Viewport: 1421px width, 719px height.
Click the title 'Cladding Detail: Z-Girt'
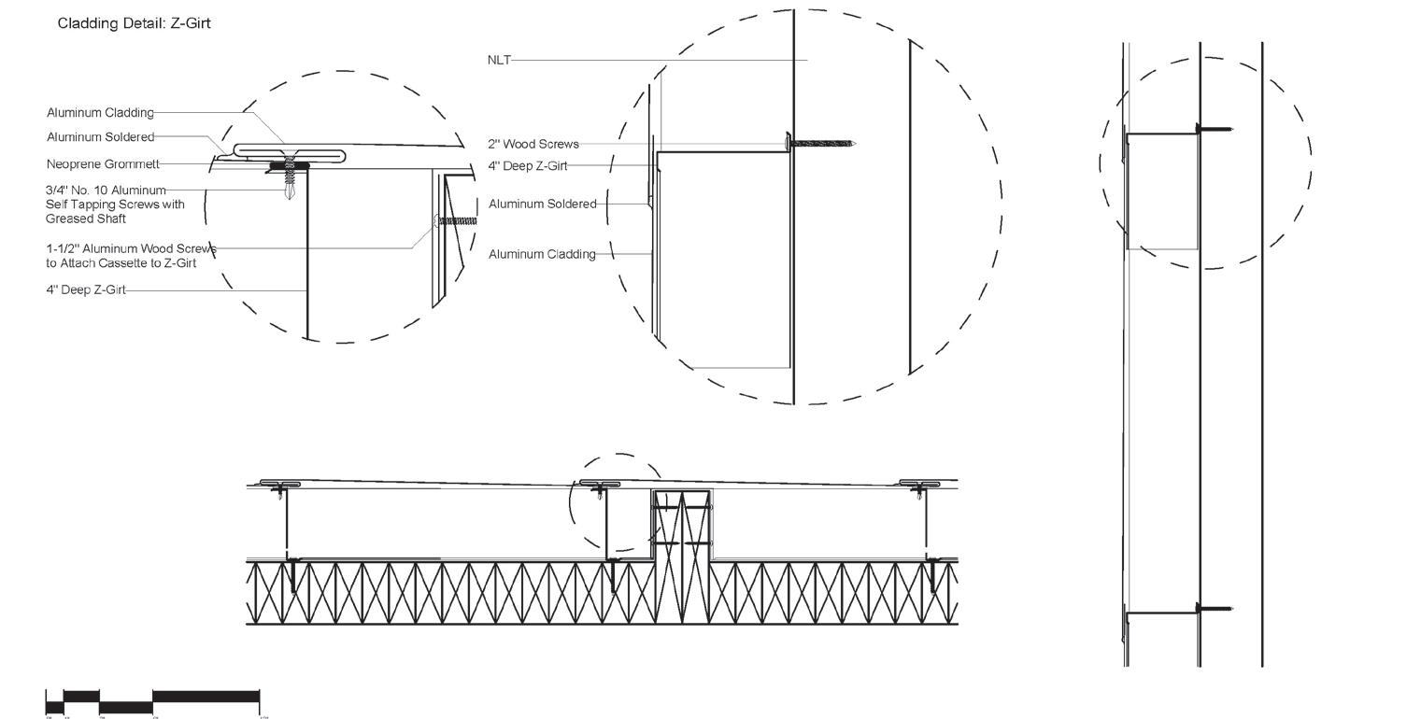pos(134,23)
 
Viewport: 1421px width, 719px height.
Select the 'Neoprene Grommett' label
pos(103,164)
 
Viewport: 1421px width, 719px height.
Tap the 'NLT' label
pos(499,60)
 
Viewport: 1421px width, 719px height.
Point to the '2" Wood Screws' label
pos(533,144)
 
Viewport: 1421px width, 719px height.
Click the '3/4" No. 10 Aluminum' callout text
pos(106,190)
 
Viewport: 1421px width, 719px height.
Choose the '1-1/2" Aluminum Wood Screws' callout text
pos(131,249)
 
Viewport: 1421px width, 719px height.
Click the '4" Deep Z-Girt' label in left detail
pos(86,290)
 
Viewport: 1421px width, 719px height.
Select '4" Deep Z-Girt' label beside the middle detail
pos(527,166)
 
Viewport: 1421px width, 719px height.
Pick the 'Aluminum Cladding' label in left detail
pos(100,113)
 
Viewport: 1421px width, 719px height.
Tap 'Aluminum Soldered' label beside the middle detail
pos(542,204)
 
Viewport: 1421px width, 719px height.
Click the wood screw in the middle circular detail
pos(822,144)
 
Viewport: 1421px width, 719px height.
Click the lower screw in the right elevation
pos(1215,609)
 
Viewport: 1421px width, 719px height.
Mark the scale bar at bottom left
pos(152,701)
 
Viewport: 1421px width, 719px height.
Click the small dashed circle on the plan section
pos(617,502)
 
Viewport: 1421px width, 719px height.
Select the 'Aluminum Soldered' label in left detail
pos(100,137)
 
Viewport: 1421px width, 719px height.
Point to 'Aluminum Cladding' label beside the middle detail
pos(542,254)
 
